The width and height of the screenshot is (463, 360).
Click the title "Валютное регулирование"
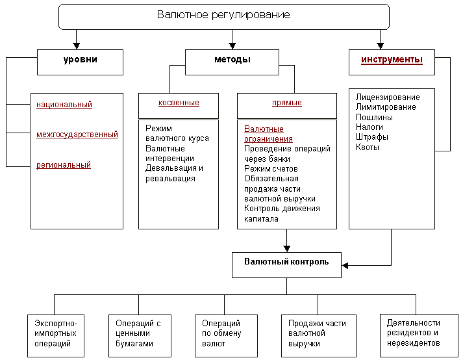(x=223, y=15)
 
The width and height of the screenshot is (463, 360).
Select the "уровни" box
(x=80, y=62)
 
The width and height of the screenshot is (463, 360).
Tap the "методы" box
(x=232, y=62)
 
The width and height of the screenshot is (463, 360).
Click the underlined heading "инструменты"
(x=392, y=60)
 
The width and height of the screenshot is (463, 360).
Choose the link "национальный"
(x=64, y=105)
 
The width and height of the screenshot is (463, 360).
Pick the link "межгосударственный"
(x=77, y=135)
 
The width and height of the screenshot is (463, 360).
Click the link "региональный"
(x=64, y=165)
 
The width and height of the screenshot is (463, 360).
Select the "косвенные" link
(x=179, y=103)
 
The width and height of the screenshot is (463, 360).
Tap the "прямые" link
(x=287, y=103)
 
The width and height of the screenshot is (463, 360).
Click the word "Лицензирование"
(x=388, y=97)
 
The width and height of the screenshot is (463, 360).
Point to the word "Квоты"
(x=368, y=148)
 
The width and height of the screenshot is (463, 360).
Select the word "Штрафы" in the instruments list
(x=371, y=137)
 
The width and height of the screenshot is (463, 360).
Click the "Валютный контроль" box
(x=287, y=265)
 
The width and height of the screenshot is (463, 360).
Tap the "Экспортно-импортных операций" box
(x=56, y=336)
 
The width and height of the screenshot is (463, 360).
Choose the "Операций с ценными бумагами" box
(x=140, y=336)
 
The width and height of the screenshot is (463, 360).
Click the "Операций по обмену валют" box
(x=226, y=336)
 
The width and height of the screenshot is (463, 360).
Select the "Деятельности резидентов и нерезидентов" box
(x=419, y=335)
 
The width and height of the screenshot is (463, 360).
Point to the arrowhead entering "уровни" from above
(x=77, y=46)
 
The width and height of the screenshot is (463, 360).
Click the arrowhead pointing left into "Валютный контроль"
(x=345, y=265)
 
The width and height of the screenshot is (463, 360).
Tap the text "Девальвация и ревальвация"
(x=174, y=174)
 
